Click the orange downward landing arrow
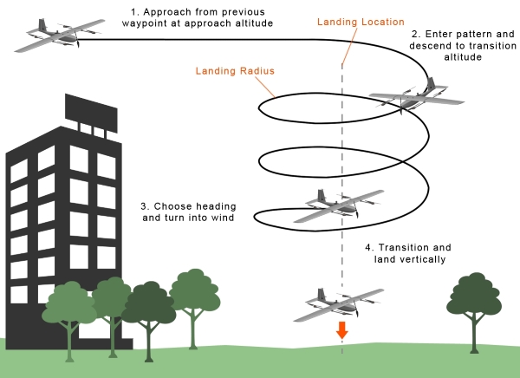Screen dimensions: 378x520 [x=342, y=329]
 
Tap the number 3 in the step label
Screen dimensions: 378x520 [x=144, y=206]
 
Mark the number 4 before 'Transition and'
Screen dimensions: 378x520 [x=368, y=246]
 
